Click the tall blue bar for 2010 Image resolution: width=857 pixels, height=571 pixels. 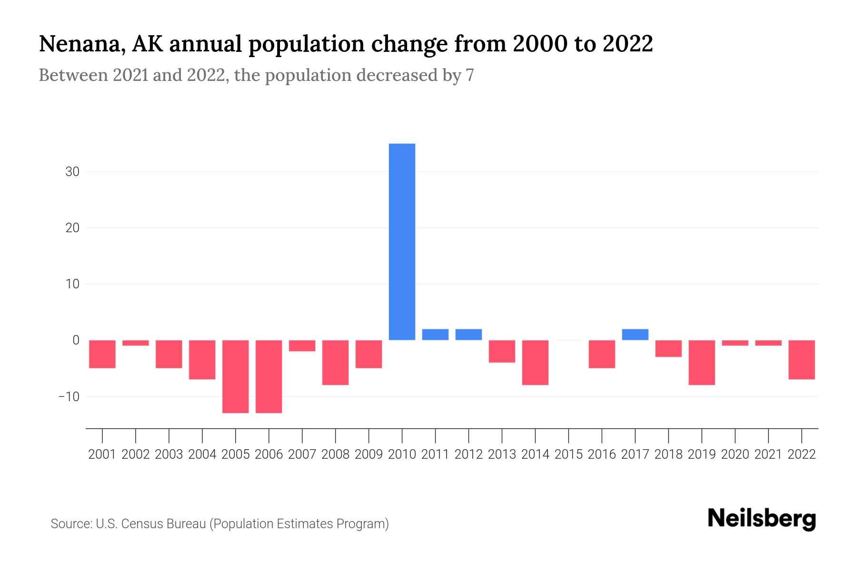click(x=402, y=242)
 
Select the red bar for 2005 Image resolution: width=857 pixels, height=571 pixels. click(x=236, y=376)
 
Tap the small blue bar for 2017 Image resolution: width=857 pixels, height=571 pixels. click(x=635, y=335)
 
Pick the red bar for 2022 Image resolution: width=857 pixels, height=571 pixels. click(x=802, y=360)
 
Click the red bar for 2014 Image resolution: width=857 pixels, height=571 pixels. click(x=535, y=363)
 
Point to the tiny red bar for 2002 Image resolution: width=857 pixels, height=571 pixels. click(x=136, y=343)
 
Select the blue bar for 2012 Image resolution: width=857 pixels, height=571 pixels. click(x=468, y=335)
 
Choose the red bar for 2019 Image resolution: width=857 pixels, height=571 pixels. click(x=702, y=363)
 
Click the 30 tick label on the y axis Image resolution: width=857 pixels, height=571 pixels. click(x=72, y=172)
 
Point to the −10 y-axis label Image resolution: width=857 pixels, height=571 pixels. click(x=69, y=396)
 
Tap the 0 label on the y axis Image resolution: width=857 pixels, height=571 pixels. click(x=76, y=340)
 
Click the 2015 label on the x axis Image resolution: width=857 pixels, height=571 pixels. click(x=568, y=454)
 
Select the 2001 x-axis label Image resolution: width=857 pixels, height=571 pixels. click(x=102, y=454)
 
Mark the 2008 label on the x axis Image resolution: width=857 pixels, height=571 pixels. click(x=335, y=454)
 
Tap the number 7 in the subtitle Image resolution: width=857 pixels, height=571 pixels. click(x=470, y=75)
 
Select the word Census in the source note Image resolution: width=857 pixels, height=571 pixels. click(x=142, y=524)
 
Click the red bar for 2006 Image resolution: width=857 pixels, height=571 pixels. click(x=269, y=376)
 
